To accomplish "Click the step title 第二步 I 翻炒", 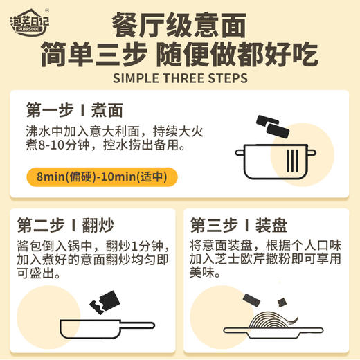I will click(x=64, y=226).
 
